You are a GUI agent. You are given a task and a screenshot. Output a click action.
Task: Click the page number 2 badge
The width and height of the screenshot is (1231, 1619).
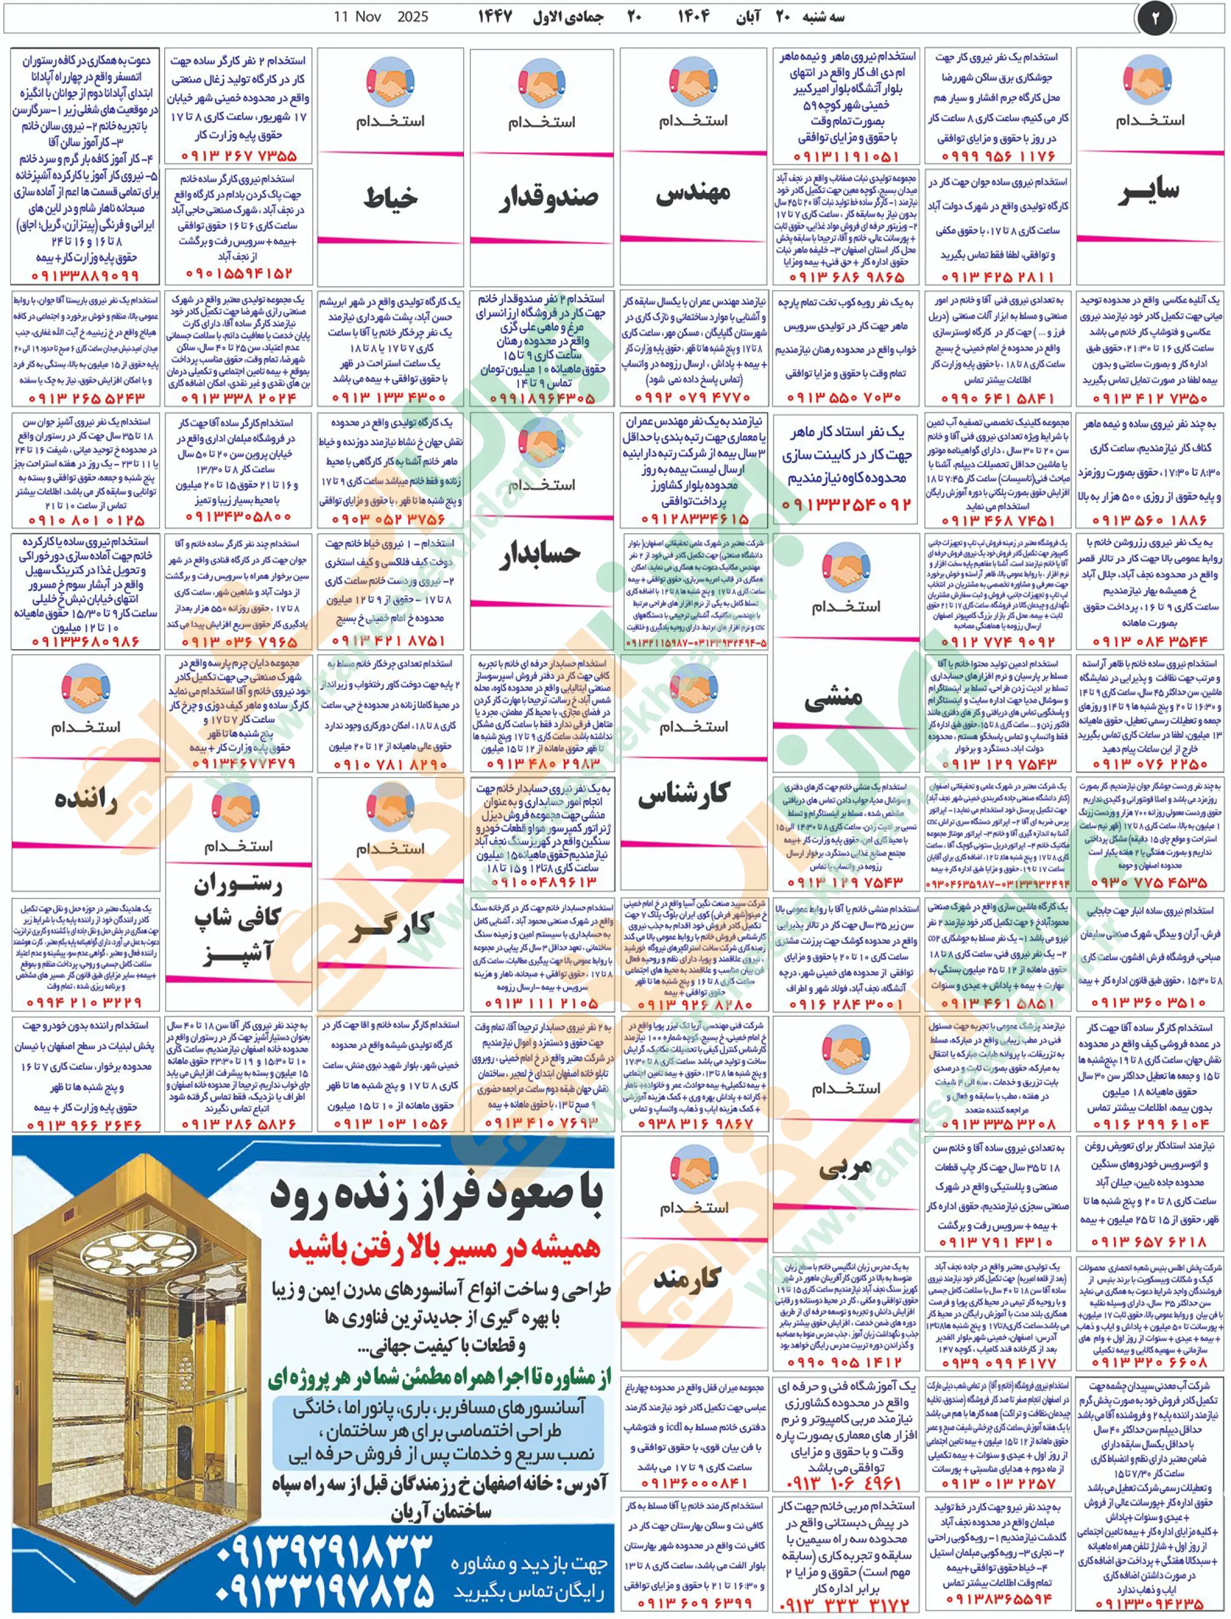point(1155,18)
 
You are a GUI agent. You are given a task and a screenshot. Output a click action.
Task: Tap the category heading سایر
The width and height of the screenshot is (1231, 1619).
point(1148,191)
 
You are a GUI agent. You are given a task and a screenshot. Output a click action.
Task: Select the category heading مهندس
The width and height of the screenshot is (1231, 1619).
point(693,193)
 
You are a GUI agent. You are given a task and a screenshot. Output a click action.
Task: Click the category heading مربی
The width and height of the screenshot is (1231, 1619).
point(845,1168)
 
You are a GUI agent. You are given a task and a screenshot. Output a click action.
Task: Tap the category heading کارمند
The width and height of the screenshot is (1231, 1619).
point(687,1278)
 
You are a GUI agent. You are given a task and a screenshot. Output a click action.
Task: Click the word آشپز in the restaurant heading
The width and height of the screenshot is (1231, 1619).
point(239,953)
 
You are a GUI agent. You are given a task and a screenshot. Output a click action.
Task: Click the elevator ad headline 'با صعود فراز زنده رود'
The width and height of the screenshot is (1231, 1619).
point(437,1193)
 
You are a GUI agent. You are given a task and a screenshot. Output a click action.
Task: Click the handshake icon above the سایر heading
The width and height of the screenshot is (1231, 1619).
point(1148,81)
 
